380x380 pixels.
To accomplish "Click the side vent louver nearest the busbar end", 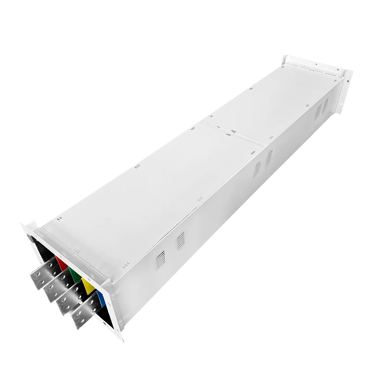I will [x=161, y=258].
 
